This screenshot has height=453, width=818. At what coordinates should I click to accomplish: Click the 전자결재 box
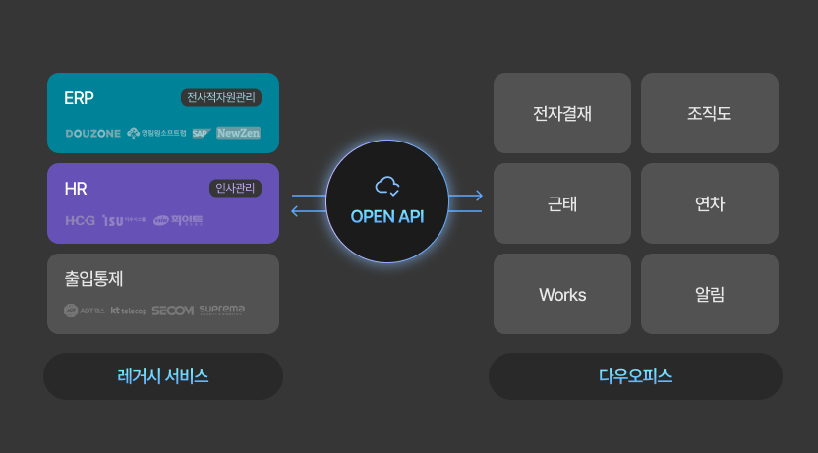[x=562, y=113]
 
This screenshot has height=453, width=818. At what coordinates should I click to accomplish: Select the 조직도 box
[x=710, y=113]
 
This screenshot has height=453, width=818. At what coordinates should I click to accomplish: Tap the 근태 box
[x=562, y=203]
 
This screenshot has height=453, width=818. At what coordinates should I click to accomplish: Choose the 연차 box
[x=710, y=203]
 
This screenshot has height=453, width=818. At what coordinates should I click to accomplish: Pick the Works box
[x=562, y=294]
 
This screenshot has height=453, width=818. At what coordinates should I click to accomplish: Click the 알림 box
[x=710, y=294]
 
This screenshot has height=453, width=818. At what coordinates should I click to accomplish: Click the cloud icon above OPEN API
[x=387, y=186]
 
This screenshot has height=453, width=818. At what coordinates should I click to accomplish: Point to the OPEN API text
[x=387, y=216]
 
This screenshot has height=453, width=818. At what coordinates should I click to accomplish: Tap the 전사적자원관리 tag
[x=221, y=98]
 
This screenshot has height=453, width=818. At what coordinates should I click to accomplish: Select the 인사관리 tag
[x=235, y=189]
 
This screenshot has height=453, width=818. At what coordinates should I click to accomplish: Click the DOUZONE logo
[x=93, y=133]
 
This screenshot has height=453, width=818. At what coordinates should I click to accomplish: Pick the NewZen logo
[x=239, y=133]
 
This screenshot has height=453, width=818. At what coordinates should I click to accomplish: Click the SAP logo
[x=202, y=133]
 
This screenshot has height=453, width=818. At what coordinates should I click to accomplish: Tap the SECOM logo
[x=173, y=311]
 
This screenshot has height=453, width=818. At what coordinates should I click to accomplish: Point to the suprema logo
[x=222, y=310]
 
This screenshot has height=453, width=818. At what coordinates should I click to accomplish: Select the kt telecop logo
[x=129, y=311]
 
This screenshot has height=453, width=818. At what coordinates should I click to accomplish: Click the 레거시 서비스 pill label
[x=163, y=376]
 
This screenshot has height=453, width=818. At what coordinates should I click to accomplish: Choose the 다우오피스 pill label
[x=635, y=376]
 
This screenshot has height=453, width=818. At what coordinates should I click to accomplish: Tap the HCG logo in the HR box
[x=80, y=221]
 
